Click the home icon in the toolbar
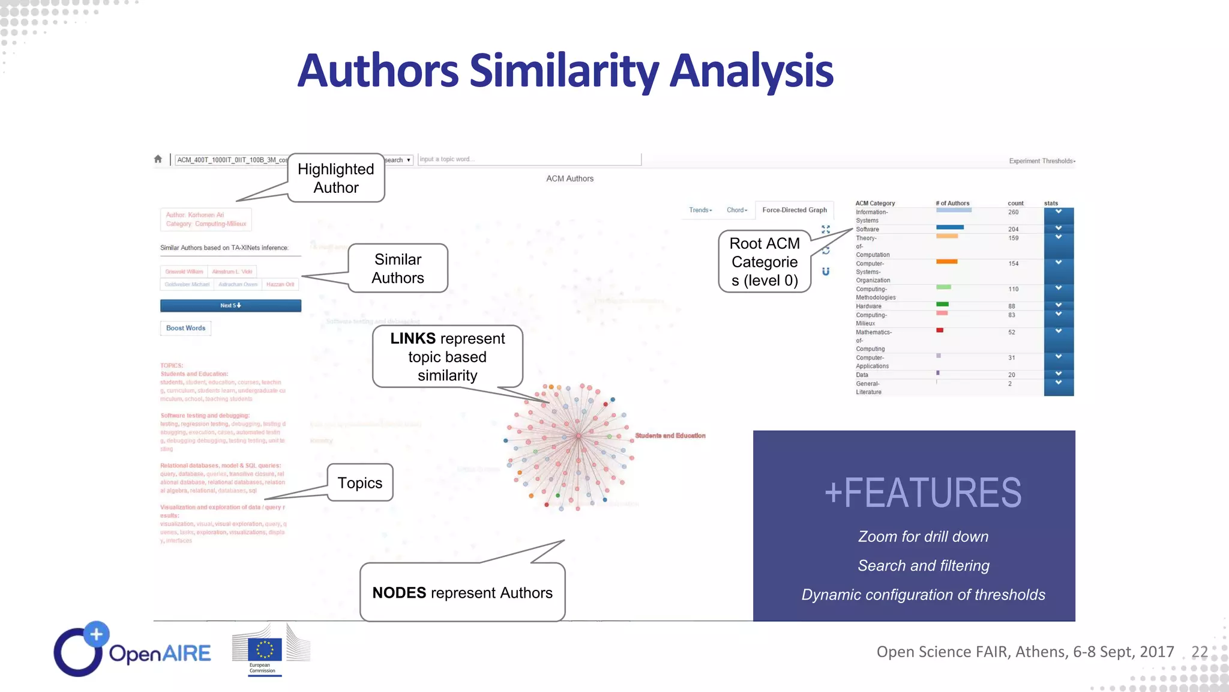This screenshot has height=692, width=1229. [x=158, y=159]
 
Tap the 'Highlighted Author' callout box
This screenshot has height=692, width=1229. [x=336, y=178]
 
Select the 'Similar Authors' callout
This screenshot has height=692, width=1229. [x=398, y=269]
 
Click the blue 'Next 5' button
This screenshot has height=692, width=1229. [x=230, y=306]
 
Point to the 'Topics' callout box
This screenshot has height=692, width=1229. [x=360, y=483]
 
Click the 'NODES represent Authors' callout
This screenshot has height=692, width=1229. [x=462, y=592]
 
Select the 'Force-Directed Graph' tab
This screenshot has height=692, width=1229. [x=795, y=210]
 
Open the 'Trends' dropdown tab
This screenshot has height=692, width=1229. [x=700, y=210]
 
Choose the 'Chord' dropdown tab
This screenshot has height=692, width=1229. [x=737, y=210]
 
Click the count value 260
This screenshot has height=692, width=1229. [x=1014, y=212]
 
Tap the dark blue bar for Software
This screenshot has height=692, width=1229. [x=950, y=228]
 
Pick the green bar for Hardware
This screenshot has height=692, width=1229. [x=942, y=305]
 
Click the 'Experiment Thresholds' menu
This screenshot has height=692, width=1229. [x=1042, y=161]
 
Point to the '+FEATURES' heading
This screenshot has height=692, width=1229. [x=923, y=493]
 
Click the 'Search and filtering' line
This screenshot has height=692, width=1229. [x=924, y=566]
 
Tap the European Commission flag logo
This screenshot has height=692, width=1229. [x=265, y=649]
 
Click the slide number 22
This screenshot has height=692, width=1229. [x=1200, y=652]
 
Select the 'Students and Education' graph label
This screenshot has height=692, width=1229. [x=670, y=436]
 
